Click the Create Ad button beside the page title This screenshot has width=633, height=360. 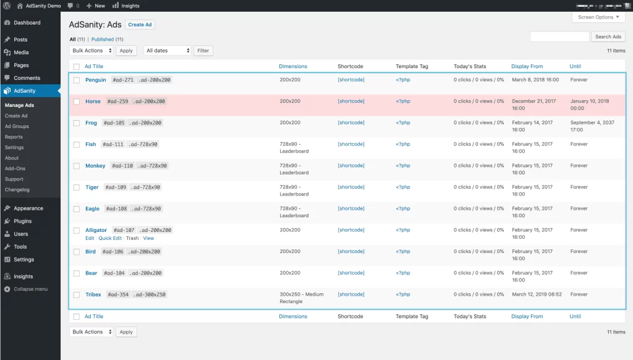click(140, 25)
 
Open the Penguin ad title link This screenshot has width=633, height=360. click(96, 80)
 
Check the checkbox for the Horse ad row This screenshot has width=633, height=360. click(77, 101)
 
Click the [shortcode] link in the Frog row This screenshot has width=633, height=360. click(351, 122)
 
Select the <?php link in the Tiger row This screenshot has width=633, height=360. click(403, 187)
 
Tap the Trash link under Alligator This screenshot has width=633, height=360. click(132, 238)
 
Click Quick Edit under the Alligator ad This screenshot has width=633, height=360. click(110, 238)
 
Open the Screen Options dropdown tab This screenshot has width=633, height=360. click(598, 17)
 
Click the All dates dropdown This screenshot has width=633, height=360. click(168, 51)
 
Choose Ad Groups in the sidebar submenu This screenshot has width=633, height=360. click(17, 126)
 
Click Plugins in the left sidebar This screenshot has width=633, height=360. click(23, 221)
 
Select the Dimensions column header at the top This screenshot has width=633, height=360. click(293, 66)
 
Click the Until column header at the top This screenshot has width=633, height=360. click(576, 66)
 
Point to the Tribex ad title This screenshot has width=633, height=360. click(93, 294)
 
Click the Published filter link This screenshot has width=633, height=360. click(103, 39)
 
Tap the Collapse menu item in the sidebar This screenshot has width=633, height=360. click(31, 289)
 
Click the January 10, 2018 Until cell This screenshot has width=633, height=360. click(589, 105)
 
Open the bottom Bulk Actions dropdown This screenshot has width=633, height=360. click(91, 332)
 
